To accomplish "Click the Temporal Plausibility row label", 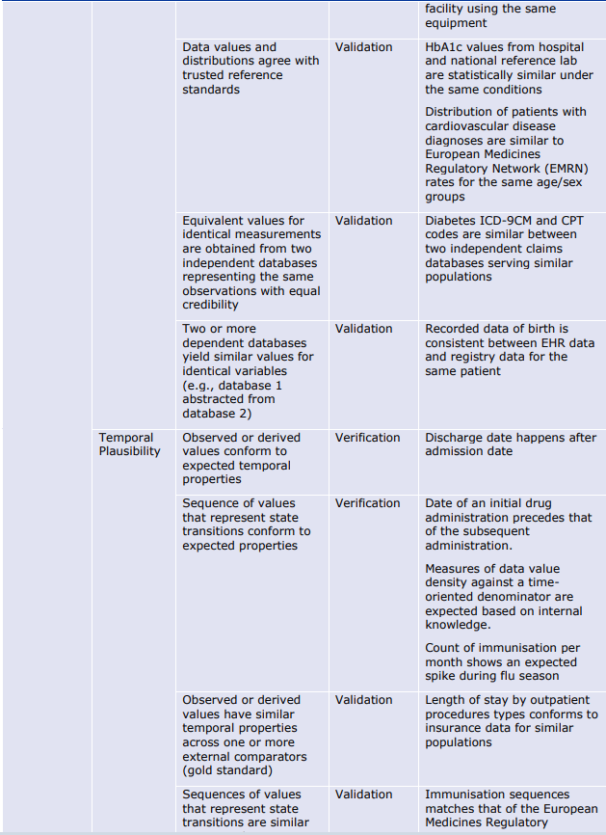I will [x=129, y=444].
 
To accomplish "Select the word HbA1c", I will [x=445, y=47].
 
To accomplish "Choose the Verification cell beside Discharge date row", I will [x=367, y=438].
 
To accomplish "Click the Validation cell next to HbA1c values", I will [x=363, y=47].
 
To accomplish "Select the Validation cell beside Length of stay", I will [x=363, y=700].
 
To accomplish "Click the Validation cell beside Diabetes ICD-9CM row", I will [x=363, y=221].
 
